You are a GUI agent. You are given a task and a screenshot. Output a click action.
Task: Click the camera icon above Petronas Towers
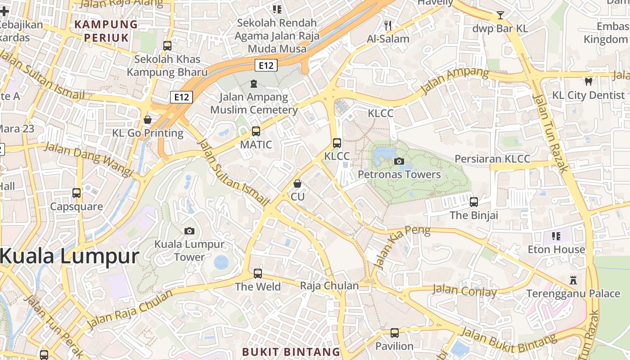coord(399,161)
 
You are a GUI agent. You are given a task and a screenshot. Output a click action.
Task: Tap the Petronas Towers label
coord(399,175)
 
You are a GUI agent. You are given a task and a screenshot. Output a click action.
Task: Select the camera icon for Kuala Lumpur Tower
coord(189,231)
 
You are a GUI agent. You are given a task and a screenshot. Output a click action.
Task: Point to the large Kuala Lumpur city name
coord(69,256)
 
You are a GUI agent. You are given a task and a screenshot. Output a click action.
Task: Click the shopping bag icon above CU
coord(297,184)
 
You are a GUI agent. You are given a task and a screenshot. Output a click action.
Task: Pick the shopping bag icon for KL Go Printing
coord(148,120)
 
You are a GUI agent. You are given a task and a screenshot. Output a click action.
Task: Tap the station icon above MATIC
coord(256,131)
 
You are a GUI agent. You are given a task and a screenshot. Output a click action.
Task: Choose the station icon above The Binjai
coord(474,202)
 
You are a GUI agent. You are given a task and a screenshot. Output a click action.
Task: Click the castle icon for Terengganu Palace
coord(573,280)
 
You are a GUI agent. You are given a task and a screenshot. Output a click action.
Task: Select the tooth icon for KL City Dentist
coord(588,81)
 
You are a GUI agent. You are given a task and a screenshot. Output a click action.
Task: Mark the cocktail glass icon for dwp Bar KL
coord(500,15)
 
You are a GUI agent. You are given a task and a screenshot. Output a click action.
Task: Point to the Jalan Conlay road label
coord(465,291)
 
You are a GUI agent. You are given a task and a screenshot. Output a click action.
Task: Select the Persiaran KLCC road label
coord(492,159)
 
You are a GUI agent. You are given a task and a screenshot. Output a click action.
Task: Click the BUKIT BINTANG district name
coord(291,351)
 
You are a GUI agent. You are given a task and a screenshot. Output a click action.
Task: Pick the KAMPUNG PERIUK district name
coord(106,31)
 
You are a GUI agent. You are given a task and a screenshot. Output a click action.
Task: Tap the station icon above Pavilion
coord(395,333)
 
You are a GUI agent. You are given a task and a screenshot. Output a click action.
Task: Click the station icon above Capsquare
coord(76,193)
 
